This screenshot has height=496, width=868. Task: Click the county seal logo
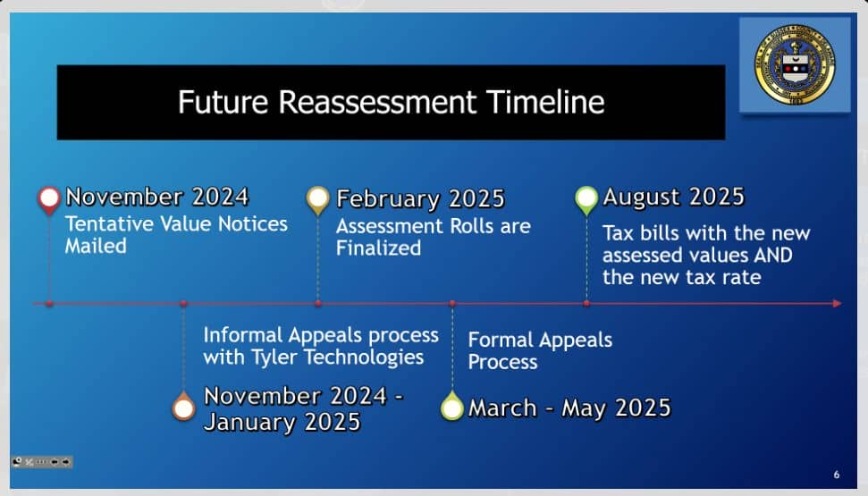click(795, 64)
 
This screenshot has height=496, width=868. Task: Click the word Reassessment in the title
click(377, 102)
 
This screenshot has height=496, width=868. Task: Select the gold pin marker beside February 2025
click(317, 200)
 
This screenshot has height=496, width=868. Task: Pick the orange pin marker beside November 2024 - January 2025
click(183, 407)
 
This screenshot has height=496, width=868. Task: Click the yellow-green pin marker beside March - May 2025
click(451, 406)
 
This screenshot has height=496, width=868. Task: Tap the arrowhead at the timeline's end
click(837, 303)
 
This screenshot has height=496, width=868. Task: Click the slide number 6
click(837, 475)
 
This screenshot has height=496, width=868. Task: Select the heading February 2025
click(421, 198)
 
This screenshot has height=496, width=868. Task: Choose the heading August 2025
click(674, 198)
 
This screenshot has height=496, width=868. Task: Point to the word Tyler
click(274, 357)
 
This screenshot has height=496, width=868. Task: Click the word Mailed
click(96, 246)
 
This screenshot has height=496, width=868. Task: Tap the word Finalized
click(379, 248)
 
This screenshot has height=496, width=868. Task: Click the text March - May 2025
click(569, 408)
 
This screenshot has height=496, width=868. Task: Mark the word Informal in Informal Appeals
click(243, 335)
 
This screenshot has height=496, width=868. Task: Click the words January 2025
click(282, 423)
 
